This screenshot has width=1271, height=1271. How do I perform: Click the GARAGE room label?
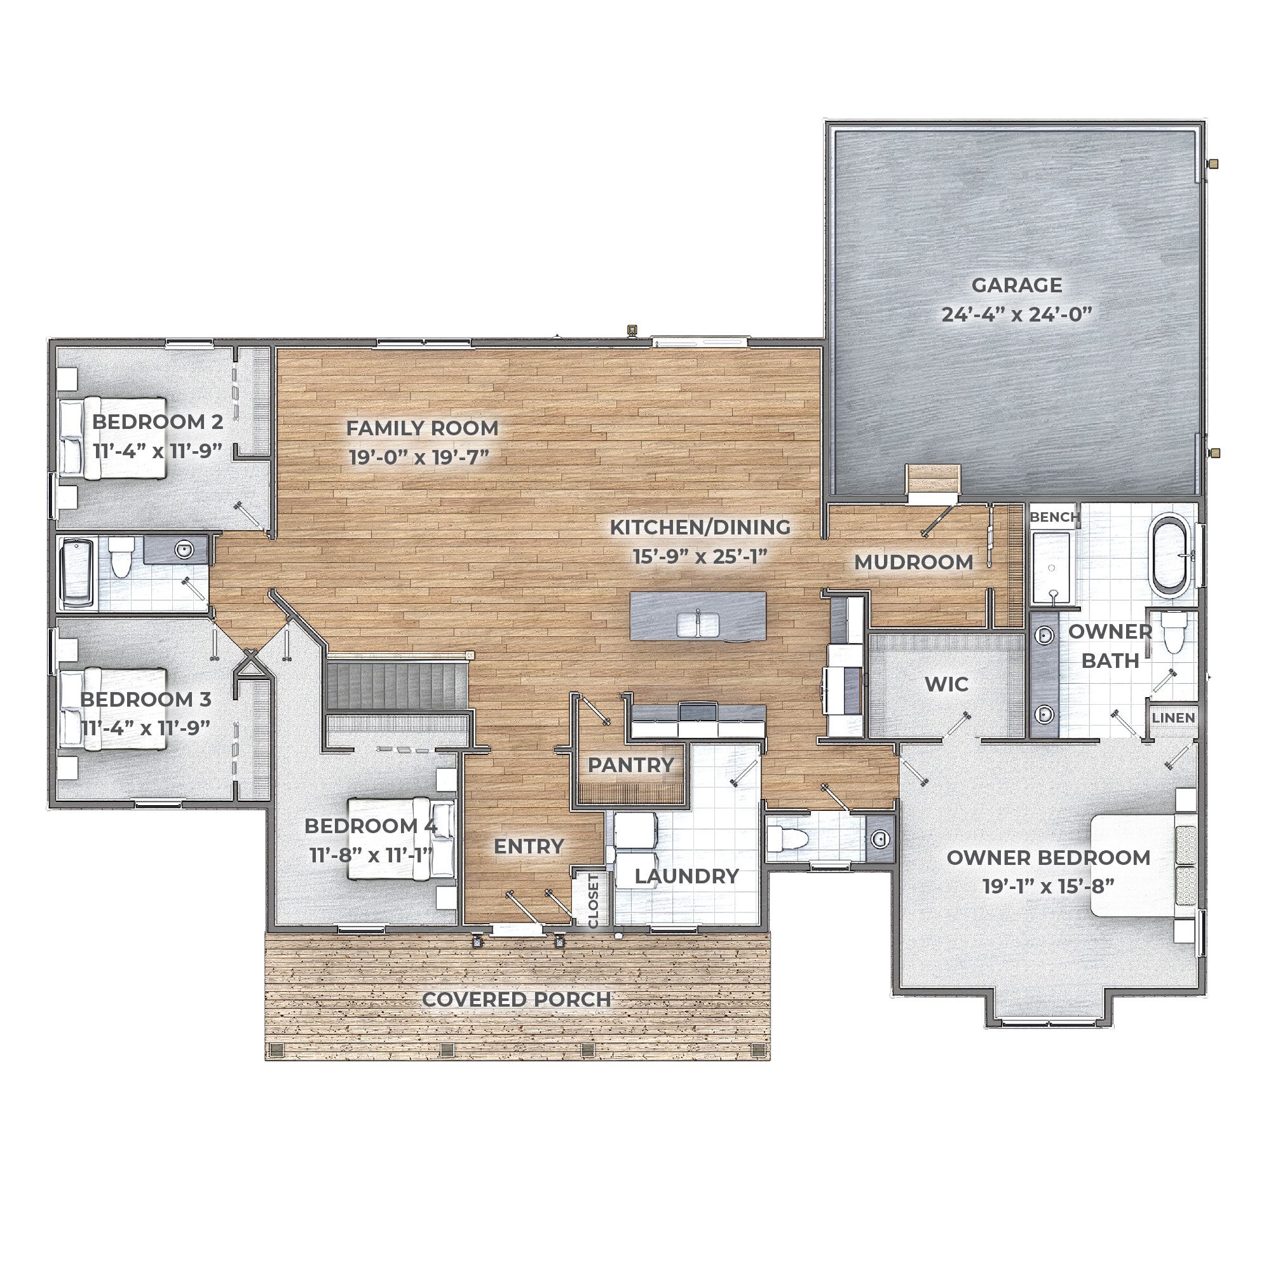tap(1016, 285)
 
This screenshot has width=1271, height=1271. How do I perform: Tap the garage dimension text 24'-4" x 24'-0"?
tap(1016, 315)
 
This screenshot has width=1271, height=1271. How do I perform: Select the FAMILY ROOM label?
tap(423, 428)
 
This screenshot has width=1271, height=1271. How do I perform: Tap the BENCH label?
tap(1054, 517)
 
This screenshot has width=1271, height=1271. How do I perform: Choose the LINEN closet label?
tap(1174, 717)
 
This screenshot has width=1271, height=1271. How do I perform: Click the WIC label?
tap(947, 684)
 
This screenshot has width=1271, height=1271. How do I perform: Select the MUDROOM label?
tap(913, 562)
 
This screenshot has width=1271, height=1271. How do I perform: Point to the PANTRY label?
tap(630, 765)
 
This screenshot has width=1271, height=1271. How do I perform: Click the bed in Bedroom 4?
tap(400, 838)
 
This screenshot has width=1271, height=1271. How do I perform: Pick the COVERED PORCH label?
tap(517, 999)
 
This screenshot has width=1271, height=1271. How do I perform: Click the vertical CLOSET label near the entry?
tap(594, 901)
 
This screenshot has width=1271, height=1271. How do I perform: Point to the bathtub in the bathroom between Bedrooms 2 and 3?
tap(78, 574)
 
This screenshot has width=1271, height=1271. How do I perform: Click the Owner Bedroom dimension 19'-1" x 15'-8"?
tap(1049, 886)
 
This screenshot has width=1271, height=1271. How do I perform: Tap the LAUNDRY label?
tap(687, 876)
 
